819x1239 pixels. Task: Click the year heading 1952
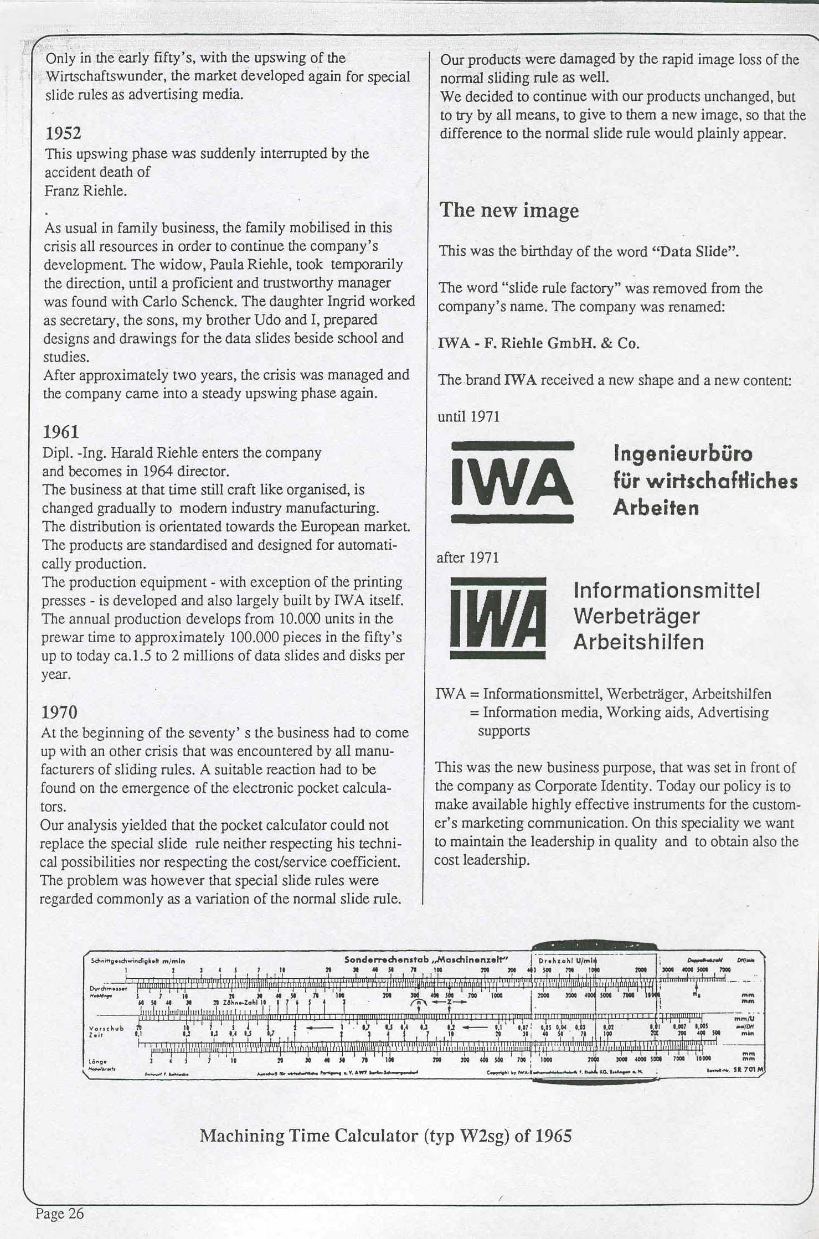coord(63,133)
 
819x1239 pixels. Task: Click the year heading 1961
coord(61,432)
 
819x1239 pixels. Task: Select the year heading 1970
coord(60,711)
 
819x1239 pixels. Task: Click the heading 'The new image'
coord(509,210)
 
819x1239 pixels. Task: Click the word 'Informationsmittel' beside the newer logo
coord(667,590)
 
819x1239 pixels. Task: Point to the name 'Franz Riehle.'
coord(86,191)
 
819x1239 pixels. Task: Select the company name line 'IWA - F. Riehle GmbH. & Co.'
coord(539,343)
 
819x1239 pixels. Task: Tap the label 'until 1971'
coord(468,416)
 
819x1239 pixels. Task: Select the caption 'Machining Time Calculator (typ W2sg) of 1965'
coord(385,1136)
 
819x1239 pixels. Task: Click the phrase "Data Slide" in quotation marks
coord(697,251)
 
